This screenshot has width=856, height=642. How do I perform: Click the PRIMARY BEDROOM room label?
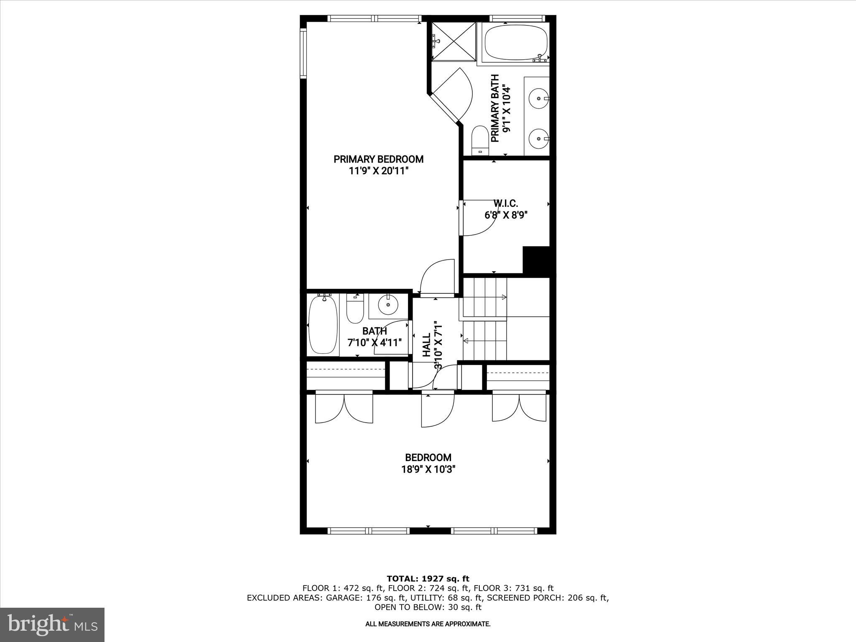[x=378, y=159]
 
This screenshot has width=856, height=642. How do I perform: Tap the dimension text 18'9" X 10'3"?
[x=428, y=469]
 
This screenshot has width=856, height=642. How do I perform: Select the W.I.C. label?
[x=506, y=204]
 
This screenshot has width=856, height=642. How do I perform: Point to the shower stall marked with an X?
[x=453, y=41]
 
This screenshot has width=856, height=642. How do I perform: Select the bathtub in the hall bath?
[x=322, y=325]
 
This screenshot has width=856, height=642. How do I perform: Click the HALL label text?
[x=426, y=345]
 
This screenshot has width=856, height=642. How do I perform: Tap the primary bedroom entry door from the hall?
[x=437, y=278]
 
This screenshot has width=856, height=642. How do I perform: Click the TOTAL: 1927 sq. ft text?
[x=428, y=579]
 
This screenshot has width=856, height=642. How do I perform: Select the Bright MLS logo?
[x=52, y=625]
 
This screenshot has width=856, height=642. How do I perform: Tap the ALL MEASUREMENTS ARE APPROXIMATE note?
[x=428, y=624]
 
